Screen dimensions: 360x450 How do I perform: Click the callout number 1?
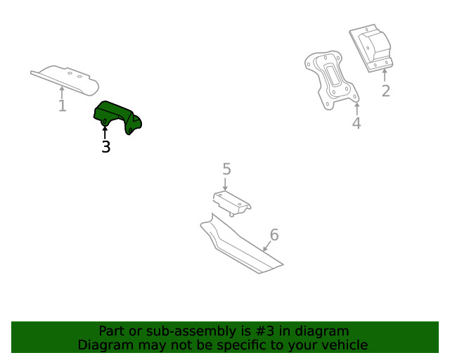tap(62, 106)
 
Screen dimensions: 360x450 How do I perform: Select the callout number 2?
tap(385, 91)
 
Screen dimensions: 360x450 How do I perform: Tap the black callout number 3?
tap(105, 147)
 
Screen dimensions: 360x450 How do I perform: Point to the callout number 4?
tap(356, 124)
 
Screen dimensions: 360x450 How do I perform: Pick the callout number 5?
tap(226, 169)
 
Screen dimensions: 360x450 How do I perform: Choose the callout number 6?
tap(274, 235)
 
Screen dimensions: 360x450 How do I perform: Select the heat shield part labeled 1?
tap(67, 78)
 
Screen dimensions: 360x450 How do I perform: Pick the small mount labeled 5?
tap(231, 202)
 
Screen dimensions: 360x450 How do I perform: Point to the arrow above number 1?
tap(62, 91)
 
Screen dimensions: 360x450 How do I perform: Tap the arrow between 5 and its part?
tap(226, 184)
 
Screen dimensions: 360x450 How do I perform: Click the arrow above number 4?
tap(356, 109)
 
